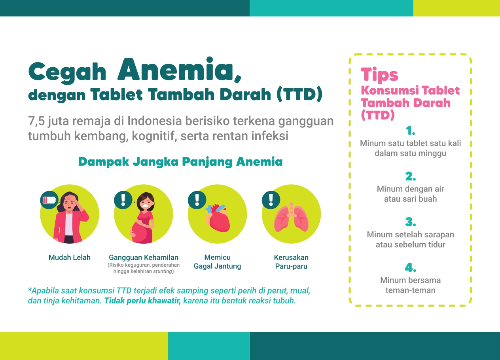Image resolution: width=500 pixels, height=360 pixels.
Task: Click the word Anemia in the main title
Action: [x=179, y=70]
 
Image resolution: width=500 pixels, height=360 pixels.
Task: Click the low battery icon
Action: [x=49, y=200]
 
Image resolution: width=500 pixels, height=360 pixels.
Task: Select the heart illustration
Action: [x=218, y=217]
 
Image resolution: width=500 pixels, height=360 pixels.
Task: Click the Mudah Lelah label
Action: [x=69, y=257]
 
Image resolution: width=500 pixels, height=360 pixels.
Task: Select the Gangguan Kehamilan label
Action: [x=144, y=258]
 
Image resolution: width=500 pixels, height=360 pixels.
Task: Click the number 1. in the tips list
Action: [x=410, y=131]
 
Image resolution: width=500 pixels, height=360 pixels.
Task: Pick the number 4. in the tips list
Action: [x=410, y=267]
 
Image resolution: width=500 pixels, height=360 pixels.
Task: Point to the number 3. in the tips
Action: [x=410, y=222]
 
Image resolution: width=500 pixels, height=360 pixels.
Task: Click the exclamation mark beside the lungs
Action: [x=271, y=200]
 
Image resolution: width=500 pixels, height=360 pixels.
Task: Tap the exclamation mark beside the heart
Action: [x=197, y=200]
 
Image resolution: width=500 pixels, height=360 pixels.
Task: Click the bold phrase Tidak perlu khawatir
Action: [x=142, y=301]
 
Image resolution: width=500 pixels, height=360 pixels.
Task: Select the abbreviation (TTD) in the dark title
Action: [x=299, y=95]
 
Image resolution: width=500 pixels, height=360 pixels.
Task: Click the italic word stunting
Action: [x=163, y=271]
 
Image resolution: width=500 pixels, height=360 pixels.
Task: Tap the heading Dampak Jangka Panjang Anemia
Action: [x=180, y=162]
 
